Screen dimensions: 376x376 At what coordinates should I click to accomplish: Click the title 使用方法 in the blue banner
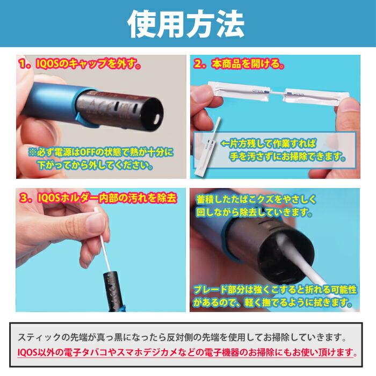186,24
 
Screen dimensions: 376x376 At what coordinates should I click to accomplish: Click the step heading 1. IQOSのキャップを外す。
80,64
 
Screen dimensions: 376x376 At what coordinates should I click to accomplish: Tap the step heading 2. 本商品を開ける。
239,64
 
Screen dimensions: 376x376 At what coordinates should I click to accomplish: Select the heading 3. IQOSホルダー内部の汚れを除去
98,198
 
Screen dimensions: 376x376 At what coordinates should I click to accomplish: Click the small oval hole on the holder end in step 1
157,119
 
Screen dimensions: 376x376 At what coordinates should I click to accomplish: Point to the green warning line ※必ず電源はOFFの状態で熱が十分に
101,152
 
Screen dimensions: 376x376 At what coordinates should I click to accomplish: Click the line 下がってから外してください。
95,165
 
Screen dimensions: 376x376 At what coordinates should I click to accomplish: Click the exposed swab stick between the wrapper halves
277,92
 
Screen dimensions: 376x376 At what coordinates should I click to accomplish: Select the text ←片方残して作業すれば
269,143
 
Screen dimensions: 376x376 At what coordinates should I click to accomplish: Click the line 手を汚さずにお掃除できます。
287,156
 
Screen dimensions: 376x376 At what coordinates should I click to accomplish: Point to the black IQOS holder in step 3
114,291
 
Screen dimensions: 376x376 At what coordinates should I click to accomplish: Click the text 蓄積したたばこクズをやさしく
256,199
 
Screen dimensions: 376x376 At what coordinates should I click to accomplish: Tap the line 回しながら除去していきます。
254,212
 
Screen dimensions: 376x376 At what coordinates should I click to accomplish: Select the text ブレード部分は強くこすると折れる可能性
275,290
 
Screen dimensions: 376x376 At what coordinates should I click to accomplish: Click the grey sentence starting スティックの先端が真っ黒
182,337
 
